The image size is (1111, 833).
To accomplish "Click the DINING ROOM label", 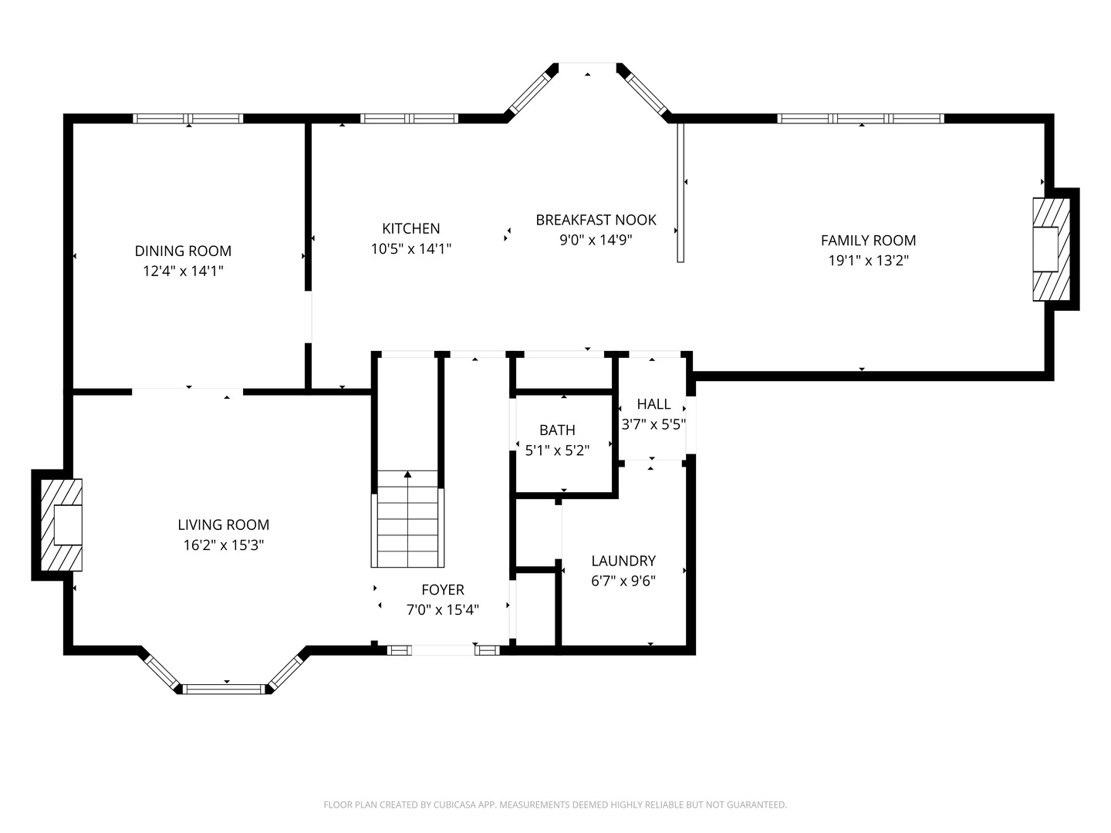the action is pyautogui.click(x=183, y=251).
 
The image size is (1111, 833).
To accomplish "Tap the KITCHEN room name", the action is pyautogui.click(x=410, y=228).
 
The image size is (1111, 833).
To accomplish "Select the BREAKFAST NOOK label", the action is pyautogui.click(x=596, y=220).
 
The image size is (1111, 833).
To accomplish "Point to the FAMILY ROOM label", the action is pyautogui.click(x=868, y=240).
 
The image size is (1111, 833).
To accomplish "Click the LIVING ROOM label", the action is pyautogui.click(x=223, y=524).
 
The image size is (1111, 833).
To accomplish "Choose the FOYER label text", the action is pyautogui.click(x=443, y=590).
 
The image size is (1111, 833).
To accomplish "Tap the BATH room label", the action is pyautogui.click(x=557, y=430).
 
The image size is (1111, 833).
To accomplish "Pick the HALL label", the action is pyautogui.click(x=654, y=404).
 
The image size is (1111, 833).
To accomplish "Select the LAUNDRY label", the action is pyautogui.click(x=623, y=561).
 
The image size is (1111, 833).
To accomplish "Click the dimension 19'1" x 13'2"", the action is pyautogui.click(x=869, y=261).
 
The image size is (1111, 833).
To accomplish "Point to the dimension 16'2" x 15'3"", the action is pyautogui.click(x=223, y=545).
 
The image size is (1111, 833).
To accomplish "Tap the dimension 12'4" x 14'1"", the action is pyautogui.click(x=183, y=271).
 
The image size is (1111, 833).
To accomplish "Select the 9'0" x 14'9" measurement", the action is pyautogui.click(x=596, y=240).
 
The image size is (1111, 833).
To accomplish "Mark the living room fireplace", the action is pyautogui.click(x=61, y=525).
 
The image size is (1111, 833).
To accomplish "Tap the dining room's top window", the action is pyautogui.click(x=187, y=119).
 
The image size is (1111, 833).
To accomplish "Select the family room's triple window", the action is pyautogui.click(x=860, y=119).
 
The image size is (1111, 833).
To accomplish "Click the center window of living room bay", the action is pyautogui.click(x=223, y=689).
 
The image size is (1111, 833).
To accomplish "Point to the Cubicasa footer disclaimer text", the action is pyautogui.click(x=555, y=804).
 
